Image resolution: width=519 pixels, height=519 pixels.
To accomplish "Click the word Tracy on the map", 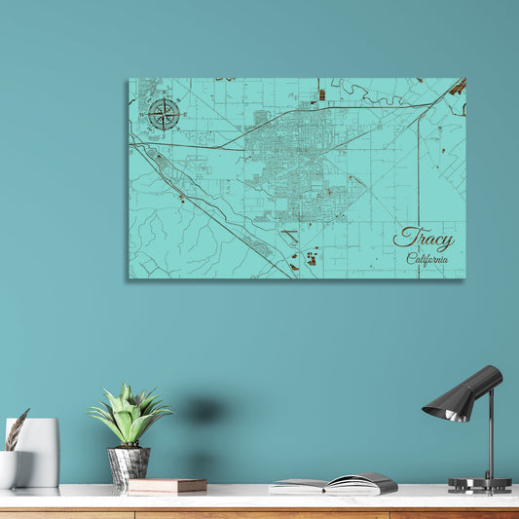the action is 423,239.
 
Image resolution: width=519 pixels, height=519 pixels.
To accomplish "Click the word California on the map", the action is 427,258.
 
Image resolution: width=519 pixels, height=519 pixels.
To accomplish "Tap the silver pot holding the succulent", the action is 129,464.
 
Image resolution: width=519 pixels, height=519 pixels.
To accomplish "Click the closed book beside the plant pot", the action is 167,485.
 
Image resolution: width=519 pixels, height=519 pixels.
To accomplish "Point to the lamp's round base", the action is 479,484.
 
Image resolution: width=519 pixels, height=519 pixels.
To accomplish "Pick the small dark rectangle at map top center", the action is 321,94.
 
